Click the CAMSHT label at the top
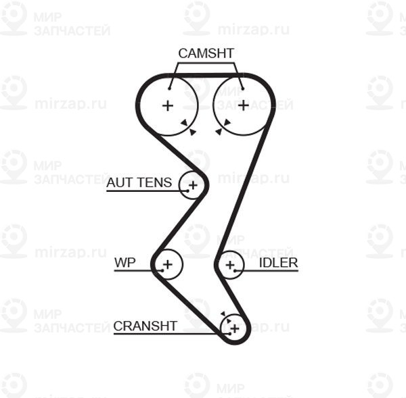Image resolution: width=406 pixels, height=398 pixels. tap(206, 53)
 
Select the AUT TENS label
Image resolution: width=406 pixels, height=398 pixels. tap(139, 182)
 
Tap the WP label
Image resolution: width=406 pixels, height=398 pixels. tap(125, 262)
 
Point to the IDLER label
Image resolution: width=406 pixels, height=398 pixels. tap(278, 263)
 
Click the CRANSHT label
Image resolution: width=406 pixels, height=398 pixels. tap(145, 326)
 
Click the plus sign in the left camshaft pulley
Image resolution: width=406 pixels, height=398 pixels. tap(168, 105)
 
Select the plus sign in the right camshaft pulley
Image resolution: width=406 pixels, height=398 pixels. tap(244, 105)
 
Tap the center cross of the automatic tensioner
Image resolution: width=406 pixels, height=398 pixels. tap(193, 185)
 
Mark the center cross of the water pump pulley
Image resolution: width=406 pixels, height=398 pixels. tap(168, 264)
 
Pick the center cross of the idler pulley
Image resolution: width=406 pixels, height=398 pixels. tap(230, 265)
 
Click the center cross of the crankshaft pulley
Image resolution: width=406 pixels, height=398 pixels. tap(235, 328)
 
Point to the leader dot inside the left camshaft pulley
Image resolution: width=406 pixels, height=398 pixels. tap(169, 89)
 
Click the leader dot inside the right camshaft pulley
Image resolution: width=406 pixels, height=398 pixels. tap(243, 89)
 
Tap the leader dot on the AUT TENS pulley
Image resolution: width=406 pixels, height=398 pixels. tap(187, 191)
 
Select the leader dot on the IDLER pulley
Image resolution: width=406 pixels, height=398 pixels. tap(235, 270)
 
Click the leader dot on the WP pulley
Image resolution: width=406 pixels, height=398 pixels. tap(162, 270)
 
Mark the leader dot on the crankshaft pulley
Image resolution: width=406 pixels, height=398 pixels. tap(229, 334)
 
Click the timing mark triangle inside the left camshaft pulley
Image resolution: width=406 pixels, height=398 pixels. tap(185, 123)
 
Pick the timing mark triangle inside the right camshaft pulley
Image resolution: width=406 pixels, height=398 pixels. tap(227, 122)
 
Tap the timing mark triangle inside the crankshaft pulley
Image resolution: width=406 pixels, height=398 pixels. tap(229, 321)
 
